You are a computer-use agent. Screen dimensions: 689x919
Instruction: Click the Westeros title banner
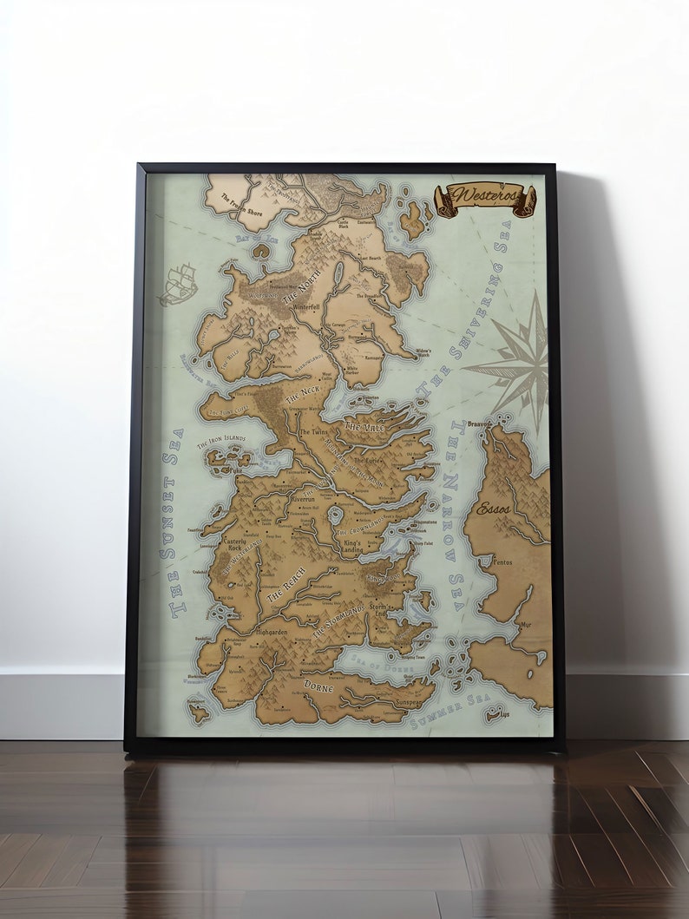485,199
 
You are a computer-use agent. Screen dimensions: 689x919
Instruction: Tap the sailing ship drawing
178,284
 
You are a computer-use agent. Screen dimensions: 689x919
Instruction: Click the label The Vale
364,426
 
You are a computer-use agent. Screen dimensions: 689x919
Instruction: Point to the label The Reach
285,591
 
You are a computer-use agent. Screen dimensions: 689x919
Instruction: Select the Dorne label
318,686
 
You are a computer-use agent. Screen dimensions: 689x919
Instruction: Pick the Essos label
494,509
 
